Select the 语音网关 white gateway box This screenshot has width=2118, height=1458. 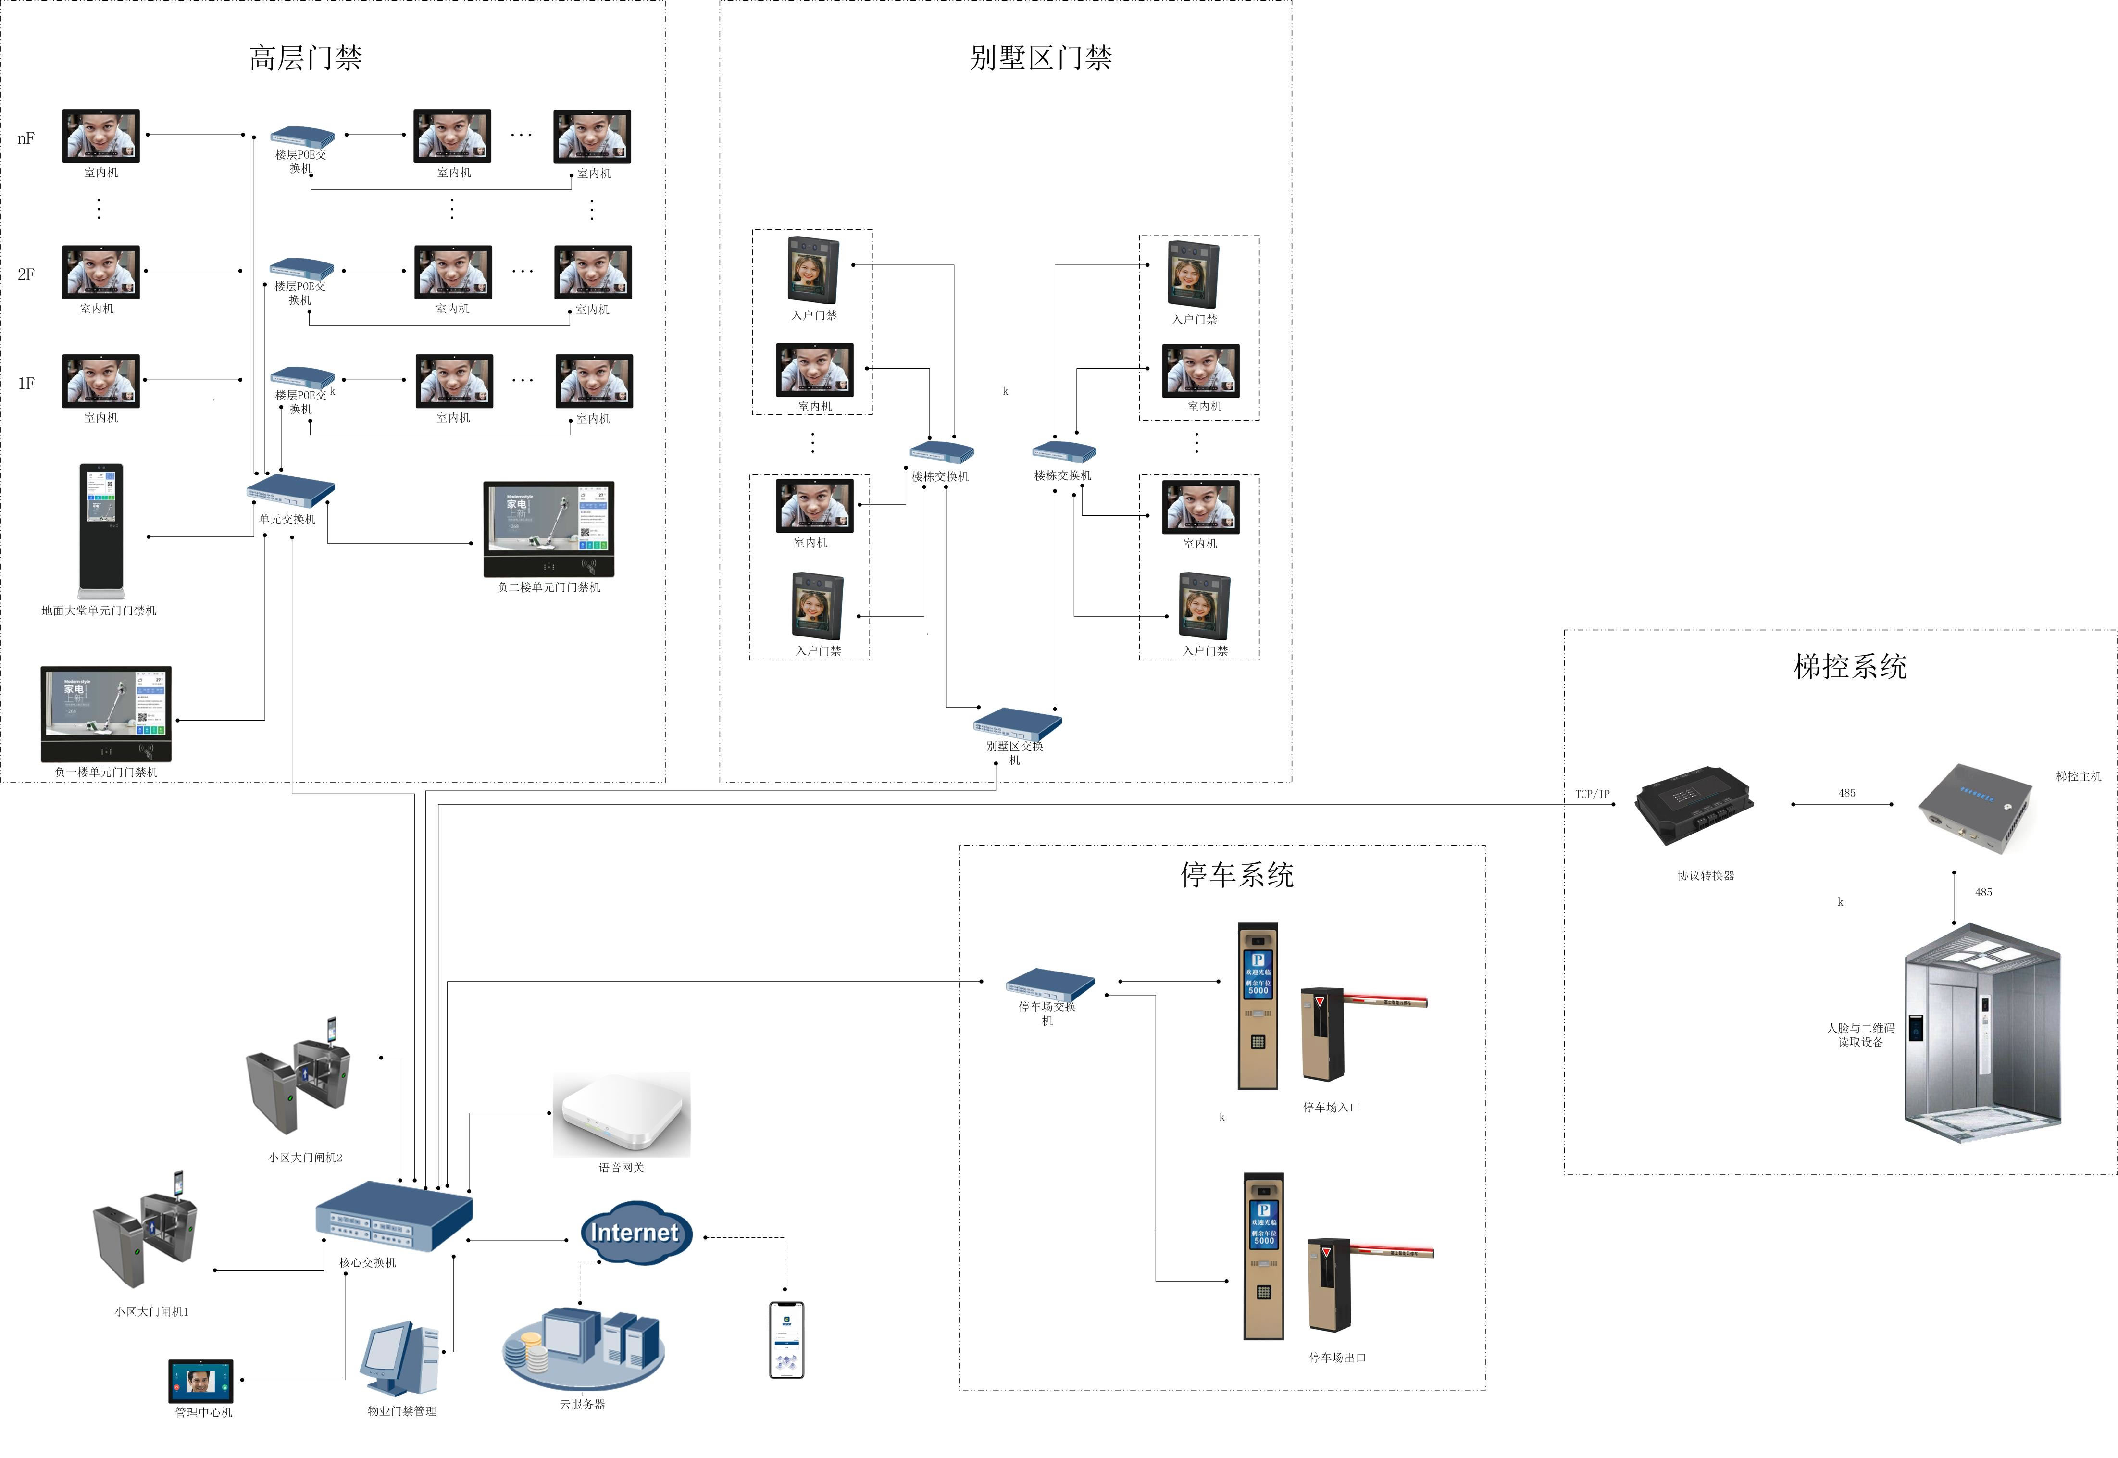point(621,1114)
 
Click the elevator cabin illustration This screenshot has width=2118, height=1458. point(1982,1032)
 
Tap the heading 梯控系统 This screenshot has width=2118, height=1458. point(1849,667)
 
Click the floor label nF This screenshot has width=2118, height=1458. point(25,139)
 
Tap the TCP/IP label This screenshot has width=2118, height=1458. point(1592,794)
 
